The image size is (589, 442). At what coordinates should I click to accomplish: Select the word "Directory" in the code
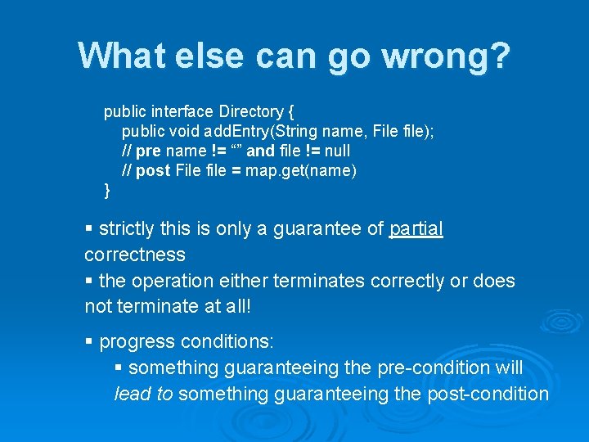[x=250, y=111]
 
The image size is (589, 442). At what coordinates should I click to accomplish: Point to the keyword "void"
[x=183, y=131]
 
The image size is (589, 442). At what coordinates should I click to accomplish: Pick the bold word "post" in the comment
[x=154, y=170]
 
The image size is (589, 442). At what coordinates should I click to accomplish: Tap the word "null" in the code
[x=337, y=151]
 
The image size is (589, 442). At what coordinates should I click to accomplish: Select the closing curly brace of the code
[x=107, y=191]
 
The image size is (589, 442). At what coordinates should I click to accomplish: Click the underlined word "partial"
[x=416, y=228]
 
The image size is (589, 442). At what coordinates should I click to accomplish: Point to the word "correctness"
[x=135, y=255]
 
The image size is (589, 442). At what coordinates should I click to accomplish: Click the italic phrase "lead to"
[x=143, y=394]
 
